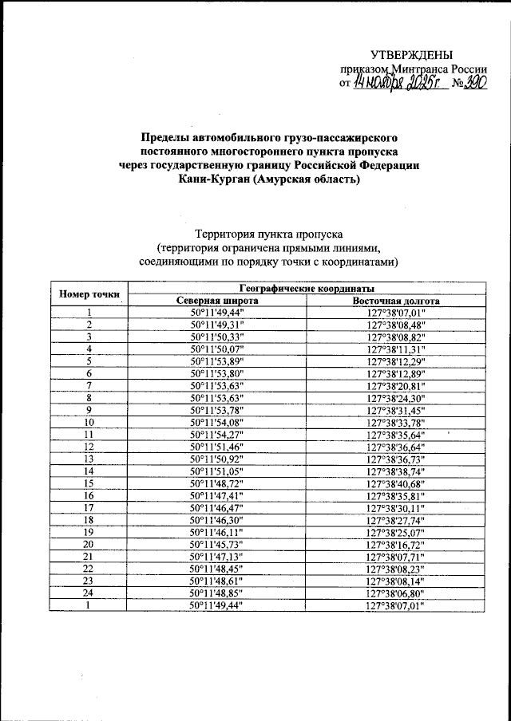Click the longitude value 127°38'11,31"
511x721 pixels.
click(396, 349)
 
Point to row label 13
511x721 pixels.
click(89, 459)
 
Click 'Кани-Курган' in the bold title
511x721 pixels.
click(215, 179)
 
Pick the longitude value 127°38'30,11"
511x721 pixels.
click(396, 507)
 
